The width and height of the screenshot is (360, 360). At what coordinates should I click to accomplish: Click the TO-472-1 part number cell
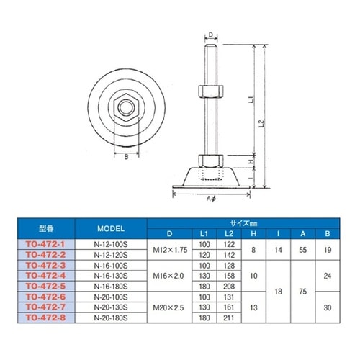coord(45,244)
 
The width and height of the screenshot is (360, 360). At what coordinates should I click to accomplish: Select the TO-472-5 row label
coord(45,287)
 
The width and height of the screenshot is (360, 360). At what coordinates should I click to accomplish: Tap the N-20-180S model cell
coord(111,318)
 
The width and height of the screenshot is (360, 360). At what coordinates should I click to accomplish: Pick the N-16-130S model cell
coord(111,276)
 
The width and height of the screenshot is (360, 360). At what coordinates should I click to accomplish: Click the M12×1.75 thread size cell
coord(170,250)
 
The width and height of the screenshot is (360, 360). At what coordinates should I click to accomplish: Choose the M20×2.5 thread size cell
coord(168,307)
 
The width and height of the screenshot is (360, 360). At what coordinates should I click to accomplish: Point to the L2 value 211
coord(228,318)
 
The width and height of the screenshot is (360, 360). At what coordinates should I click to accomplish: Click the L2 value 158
coord(229,276)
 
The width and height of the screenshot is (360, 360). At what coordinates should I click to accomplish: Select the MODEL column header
coord(111,228)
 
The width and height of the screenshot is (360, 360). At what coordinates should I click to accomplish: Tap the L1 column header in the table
coord(204,234)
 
